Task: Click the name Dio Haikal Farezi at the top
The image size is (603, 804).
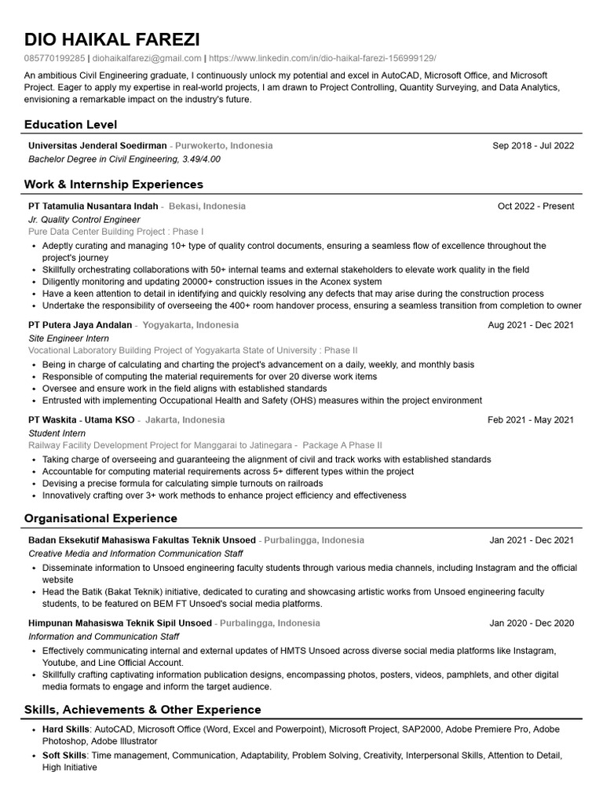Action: pyautogui.click(x=111, y=39)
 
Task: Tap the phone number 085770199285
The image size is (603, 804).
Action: pyautogui.click(x=54, y=58)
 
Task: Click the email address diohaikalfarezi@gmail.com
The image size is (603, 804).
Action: pyautogui.click(x=147, y=58)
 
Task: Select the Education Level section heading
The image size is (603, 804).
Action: pyautogui.click(x=71, y=124)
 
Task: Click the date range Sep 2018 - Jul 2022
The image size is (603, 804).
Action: pyautogui.click(x=533, y=145)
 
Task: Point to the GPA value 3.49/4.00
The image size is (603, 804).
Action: pyautogui.click(x=201, y=159)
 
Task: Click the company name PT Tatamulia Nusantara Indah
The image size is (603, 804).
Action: pyautogui.click(x=93, y=206)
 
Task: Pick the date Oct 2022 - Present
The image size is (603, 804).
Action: pyautogui.click(x=535, y=206)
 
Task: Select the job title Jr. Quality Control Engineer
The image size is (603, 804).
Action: pyautogui.click(x=84, y=220)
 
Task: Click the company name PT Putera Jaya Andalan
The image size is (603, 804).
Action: pyautogui.click(x=80, y=324)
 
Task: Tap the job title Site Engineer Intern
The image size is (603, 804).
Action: pyautogui.click(x=68, y=338)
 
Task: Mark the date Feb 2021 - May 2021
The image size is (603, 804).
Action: pyautogui.click(x=531, y=420)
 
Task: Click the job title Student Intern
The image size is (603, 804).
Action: pyautogui.click(x=57, y=433)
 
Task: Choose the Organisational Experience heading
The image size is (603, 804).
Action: pyautogui.click(x=100, y=518)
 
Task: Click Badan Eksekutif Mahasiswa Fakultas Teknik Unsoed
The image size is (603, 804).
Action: pyautogui.click(x=142, y=540)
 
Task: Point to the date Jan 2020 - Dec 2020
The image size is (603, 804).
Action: pyautogui.click(x=532, y=623)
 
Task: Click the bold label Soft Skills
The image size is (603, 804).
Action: pyautogui.click(x=64, y=755)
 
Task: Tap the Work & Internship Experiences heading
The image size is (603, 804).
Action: pyautogui.click(x=114, y=185)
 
